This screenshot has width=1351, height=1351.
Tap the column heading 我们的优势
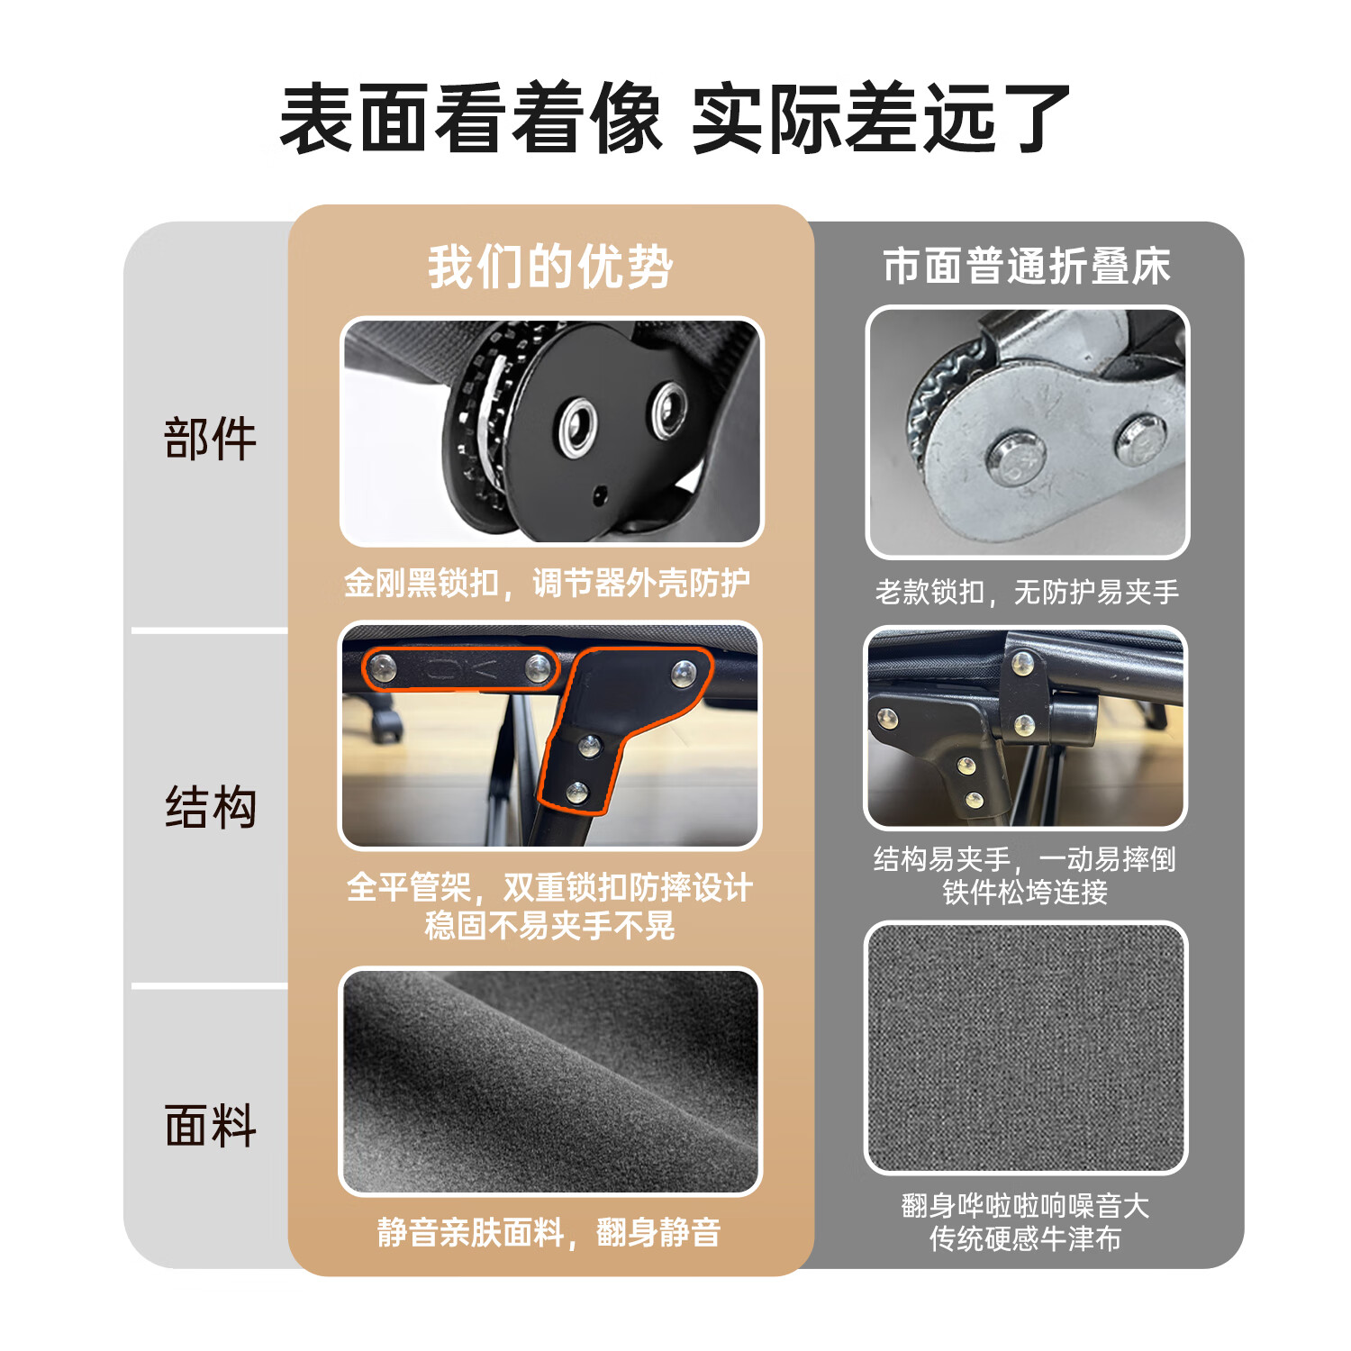[550, 267]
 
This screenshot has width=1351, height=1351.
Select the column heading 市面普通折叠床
[1027, 267]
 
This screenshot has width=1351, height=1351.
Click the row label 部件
[211, 440]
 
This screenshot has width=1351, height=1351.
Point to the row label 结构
[211, 806]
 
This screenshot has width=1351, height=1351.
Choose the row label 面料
[211, 1125]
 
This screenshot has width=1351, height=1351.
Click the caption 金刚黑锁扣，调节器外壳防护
[548, 584]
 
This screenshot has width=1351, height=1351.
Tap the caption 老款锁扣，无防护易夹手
[1027, 592]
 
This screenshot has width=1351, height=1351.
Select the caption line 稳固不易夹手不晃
[550, 925]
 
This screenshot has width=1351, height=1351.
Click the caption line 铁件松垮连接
[1025, 893]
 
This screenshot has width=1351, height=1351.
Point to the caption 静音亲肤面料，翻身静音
[549, 1232]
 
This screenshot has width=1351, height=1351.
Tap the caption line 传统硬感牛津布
[1025, 1239]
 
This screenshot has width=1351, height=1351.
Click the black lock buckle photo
[551, 431]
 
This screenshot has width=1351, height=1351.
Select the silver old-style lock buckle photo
[1027, 432]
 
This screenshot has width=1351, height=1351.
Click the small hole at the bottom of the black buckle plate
[599, 493]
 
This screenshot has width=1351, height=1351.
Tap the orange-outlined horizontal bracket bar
[459, 668]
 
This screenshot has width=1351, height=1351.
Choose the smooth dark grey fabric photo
[550, 1082]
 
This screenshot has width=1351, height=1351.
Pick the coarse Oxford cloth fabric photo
[1026, 1047]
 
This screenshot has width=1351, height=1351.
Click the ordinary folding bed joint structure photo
[1026, 728]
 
